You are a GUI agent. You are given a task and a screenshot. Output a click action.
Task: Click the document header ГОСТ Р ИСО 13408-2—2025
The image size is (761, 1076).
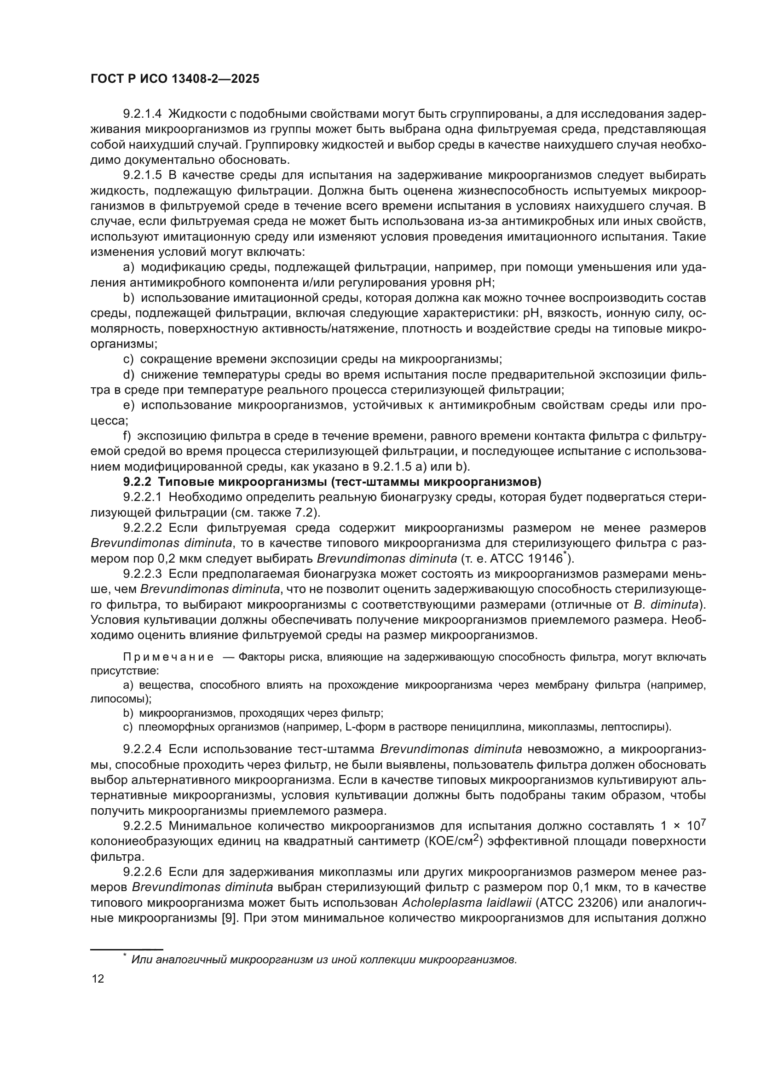pyautogui.click(x=174, y=79)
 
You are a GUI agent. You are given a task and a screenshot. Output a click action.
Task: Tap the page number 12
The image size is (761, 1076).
pyautogui.click(x=98, y=978)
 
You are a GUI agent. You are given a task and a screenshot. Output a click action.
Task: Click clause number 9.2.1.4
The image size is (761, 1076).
pyautogui.click(x=143, y=114)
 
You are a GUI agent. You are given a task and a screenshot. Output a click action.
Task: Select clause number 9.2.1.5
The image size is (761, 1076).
pyautogui.click(x=143, y=175)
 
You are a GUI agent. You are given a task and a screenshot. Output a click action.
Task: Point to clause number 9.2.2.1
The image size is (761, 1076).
pyautogui.click(x=143, y=497)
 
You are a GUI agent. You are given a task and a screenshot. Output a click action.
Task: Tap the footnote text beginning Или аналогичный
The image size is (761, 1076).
pyautogui.click(x=323, y=959)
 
